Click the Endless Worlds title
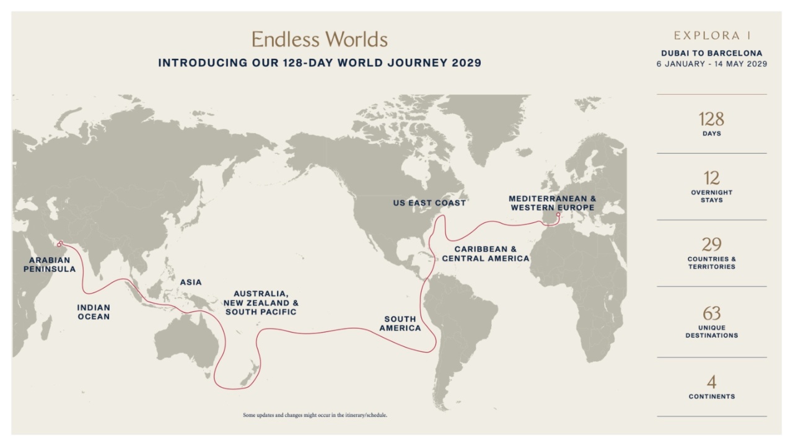(319, 40)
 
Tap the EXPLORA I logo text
(712, 36)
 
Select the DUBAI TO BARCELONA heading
(712, 53)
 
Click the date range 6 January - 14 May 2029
(712, 64)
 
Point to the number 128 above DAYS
(711, 119)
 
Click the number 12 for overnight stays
(711, 178)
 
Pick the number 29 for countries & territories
(711, 244)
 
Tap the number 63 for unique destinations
(711, 313)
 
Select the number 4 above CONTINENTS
(711, 382)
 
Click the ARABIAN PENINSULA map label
(50, 265)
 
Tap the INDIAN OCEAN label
(94, 312)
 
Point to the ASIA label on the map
(191, 282)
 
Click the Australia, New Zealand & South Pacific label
(261, 302)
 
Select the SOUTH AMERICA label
(400, 323)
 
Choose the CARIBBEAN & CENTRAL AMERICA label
(486, 253)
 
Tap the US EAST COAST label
(429, 203)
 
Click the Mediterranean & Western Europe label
(553, 203)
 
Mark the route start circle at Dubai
(60, 243)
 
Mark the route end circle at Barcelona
(558, 215)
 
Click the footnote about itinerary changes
(315, 415)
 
